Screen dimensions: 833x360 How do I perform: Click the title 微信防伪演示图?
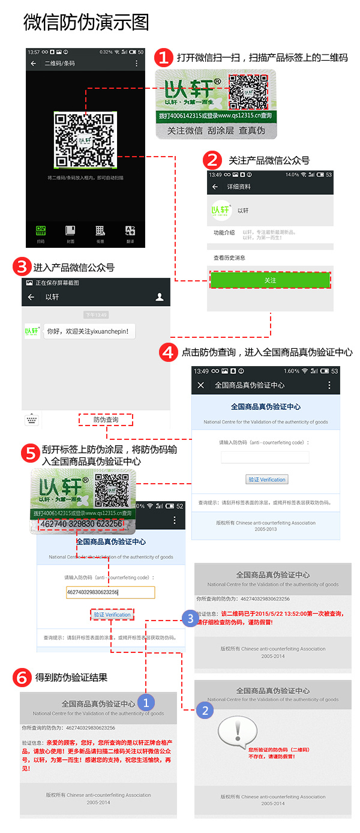click(86, 22)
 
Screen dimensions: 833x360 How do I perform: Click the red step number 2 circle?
click(212, 160)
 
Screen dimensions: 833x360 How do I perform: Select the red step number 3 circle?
click(22, 267)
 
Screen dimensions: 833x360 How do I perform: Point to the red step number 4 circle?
click(169, 352)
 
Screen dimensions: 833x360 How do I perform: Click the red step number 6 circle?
click(22, 678)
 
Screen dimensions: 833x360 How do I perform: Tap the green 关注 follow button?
click(270, 280)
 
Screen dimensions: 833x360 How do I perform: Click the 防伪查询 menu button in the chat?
click(106, 420)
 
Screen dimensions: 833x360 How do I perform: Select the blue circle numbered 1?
click(146, 701)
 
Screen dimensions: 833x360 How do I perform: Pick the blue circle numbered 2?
click(205, 711)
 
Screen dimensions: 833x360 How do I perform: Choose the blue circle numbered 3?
click(190, 618)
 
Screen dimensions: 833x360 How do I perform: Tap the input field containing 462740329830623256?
click(110, 592)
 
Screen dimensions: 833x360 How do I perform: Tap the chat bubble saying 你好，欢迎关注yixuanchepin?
click(89, 331)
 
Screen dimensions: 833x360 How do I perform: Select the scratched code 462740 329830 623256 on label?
click(81, 524)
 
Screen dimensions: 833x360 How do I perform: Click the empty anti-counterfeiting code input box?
click(265, 457)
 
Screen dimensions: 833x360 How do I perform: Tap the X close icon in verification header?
click(201, 385)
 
